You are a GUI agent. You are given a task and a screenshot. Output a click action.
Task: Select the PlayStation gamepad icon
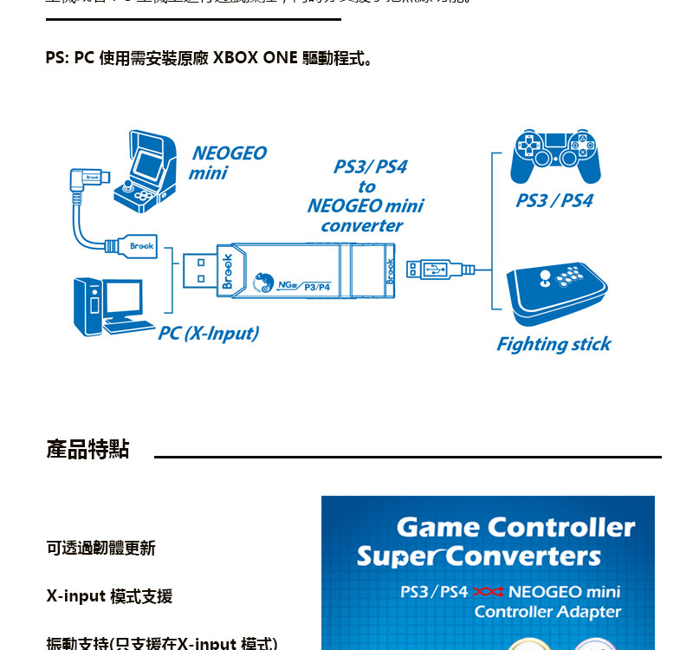pos(555,157)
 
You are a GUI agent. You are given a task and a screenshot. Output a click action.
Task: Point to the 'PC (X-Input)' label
pos(208,333)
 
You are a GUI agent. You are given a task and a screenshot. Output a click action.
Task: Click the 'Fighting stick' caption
pos(554,344)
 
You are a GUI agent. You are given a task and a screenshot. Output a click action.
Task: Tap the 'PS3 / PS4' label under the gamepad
pos(554,200)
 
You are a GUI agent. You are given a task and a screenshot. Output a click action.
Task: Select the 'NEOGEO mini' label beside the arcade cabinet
pos(227,163)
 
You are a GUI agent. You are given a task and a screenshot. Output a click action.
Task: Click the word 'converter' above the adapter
pos(362,226)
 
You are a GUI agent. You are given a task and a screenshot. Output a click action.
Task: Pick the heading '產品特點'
pos(87,449)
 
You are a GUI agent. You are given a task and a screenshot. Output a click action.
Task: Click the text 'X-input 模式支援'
pos(109,596)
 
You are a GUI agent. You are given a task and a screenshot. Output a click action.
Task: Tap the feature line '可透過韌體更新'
pos(100,548)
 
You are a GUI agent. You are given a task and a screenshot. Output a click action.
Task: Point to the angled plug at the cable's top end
pos(86,180)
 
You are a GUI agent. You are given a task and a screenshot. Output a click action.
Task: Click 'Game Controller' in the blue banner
pos(515,527)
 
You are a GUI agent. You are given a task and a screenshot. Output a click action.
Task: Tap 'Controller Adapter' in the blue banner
pos(547,612)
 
